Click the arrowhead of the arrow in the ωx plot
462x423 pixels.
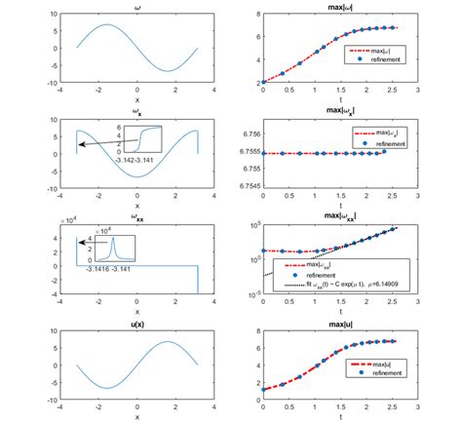click(81, 143)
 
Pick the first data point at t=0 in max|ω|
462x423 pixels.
click(263, 83)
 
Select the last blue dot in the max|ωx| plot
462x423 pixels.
click(385, 151)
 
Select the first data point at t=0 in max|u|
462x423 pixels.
click(263, 389)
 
